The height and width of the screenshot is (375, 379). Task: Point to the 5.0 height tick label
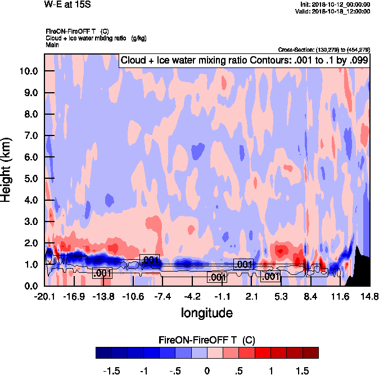click(31, 179)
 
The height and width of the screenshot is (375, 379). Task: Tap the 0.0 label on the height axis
click(31, 286)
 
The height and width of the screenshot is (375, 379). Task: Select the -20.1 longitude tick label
click(44, 296)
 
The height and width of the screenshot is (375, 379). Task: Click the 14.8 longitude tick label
click(369, 296)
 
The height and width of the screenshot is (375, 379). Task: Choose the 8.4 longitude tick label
click(310, 296)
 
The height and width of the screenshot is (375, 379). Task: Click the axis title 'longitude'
click(206, 311)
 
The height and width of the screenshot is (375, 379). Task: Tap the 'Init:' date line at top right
click(336, 4)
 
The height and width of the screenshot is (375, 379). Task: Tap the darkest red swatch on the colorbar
click(310, 353)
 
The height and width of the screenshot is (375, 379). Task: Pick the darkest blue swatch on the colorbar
click(104, 353)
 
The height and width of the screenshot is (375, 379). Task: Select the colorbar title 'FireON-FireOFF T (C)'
click(207, 340)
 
